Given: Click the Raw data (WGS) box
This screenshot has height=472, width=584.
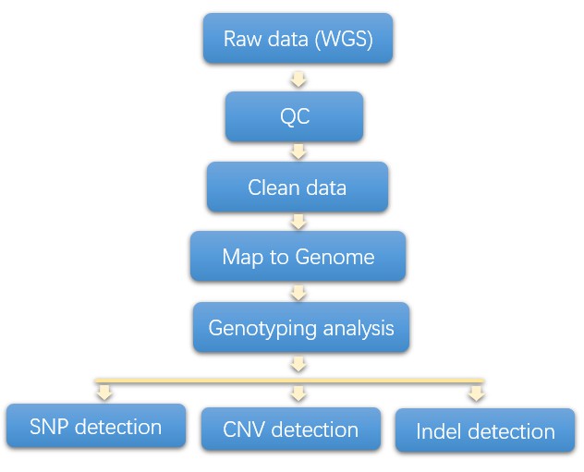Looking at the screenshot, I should click(x=298, y=39).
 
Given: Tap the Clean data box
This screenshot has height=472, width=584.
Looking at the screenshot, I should click(x=298, y=188).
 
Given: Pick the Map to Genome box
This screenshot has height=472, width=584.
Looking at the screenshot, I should click(x=298, y=256).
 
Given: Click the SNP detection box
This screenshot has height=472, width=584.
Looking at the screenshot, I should click(x=95, y=427).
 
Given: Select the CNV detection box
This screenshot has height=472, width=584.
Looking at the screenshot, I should click(x=290, y=430).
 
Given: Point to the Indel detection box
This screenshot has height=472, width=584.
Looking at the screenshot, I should click(x=485, y=431).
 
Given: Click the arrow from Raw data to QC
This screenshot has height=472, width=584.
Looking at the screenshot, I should click(x=298, y=79).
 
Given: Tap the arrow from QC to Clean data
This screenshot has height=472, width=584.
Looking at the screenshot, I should click(x=298, y=151).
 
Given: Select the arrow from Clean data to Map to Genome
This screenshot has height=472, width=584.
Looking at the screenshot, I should click(x=298, y=222).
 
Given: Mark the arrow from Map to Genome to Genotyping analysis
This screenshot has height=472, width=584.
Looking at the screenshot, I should click(x=298, y=293).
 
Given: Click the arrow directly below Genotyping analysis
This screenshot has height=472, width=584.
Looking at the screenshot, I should click(x=298, y=364).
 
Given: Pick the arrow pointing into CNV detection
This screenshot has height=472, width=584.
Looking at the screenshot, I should click(x=298, y=393).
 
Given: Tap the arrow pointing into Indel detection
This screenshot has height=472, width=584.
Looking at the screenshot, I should click(x=476, y=393).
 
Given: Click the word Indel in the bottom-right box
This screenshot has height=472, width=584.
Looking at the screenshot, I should click(x=437, y=432).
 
